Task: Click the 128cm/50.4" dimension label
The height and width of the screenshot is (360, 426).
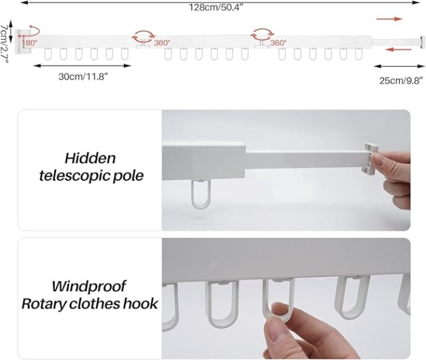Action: coord(216,8)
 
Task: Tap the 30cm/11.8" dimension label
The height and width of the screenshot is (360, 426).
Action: coord(83,77)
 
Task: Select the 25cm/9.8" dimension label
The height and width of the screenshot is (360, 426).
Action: coord(401,81)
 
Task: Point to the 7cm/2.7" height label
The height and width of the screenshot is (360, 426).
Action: coord(4,44)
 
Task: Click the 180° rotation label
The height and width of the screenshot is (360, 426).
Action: coord(30,43)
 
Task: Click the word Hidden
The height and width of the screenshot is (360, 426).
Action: coord(90,158)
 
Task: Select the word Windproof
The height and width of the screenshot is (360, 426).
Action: coord(89,286)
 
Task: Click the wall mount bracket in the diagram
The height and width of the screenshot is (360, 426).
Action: coord(22,42)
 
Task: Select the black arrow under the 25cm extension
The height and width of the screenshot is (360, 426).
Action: coord(399,66)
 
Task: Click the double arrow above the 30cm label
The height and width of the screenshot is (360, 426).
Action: coord(82,66)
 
